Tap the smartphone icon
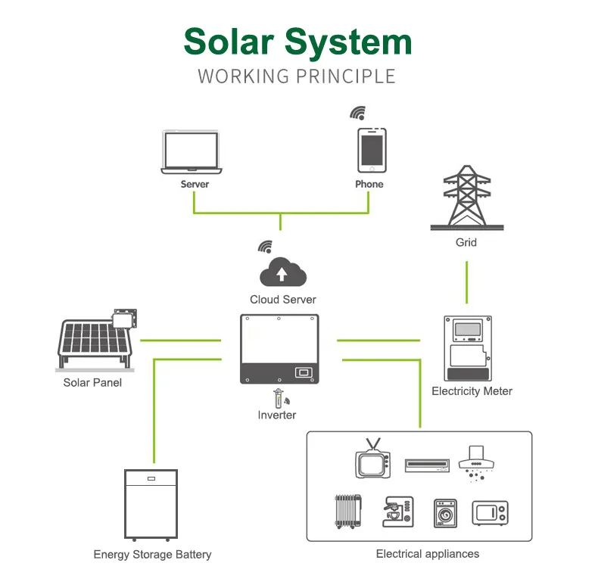[372, 151]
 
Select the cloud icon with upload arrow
[282, 273]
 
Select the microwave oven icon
[490, 512]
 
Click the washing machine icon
[447, 512]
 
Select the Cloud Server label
[283, 300]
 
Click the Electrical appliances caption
[428, 554]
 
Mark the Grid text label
[466, 243]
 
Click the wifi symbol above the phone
[357, 113]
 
